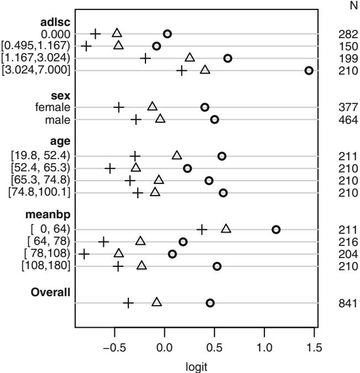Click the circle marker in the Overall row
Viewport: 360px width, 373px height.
pyautogui.click(x=210, y=303)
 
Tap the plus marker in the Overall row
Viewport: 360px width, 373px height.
pyautogui.click(x=128, y=303)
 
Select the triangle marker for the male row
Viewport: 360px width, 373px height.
pyautogui.click(x=160, y=119)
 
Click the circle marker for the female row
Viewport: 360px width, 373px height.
pyautogui.click(x=205, y=107)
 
